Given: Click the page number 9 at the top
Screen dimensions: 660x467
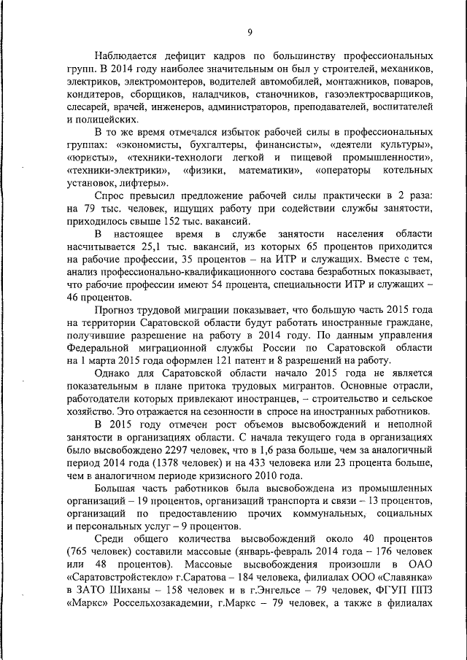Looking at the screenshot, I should [x=250, y=32].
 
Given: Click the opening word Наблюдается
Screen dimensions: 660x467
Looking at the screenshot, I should [x=126, y=55].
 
